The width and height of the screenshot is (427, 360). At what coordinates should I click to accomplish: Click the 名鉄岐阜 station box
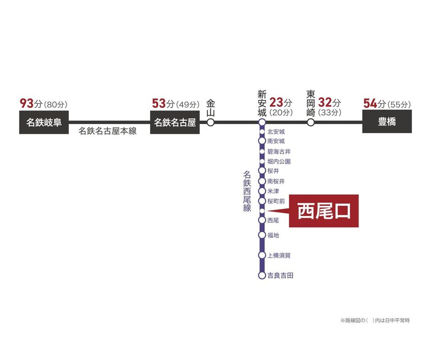[x=44, y=122]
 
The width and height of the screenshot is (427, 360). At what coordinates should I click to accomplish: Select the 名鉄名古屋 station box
[x=175, y=122]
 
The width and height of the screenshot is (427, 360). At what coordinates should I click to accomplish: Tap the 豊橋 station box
[x=387, y=122]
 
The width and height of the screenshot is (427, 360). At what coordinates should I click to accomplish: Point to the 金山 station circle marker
[x=210, y=122]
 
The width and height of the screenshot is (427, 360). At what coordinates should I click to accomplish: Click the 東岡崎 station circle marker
[x=310, y=122]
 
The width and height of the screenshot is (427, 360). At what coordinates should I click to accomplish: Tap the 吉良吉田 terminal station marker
[x=262, y=275]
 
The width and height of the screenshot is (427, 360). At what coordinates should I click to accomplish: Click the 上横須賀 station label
[x=279, y=255]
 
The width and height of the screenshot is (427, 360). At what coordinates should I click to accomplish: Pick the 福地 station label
[x=273, y=235]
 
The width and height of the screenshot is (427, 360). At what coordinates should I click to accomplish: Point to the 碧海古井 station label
[x=279, y=152]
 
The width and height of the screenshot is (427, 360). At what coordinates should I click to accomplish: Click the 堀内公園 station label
[x=279, y=161]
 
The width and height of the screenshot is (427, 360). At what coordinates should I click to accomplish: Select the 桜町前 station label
[x=276, y=201]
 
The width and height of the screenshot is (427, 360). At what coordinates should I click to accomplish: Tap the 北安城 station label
[x=276, y=132]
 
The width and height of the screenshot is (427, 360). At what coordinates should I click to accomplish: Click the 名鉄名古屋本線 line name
[x=108, y=131]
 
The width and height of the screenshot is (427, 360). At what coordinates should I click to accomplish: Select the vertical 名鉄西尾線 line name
[x=247, y=191]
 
